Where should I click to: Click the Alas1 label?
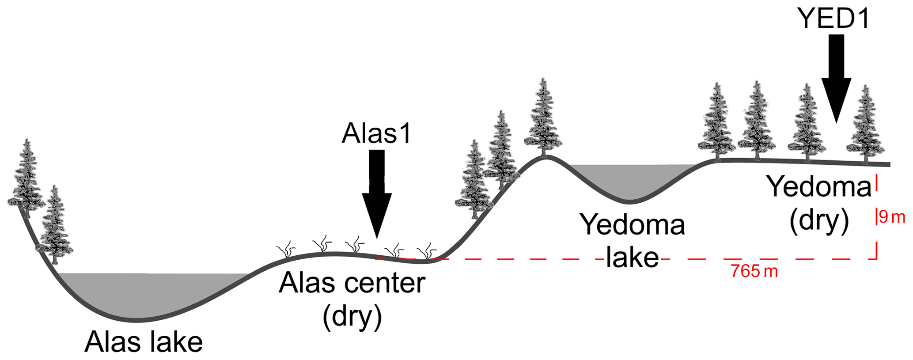coord(376,133)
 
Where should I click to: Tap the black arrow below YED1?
coord(836,77)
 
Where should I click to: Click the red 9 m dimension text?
coord(891,217)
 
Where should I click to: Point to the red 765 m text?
coord(754,271)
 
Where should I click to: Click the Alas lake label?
coord(144,341)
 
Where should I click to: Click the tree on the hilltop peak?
coord(543,119)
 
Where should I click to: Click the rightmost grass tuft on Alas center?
coord(427,251)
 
